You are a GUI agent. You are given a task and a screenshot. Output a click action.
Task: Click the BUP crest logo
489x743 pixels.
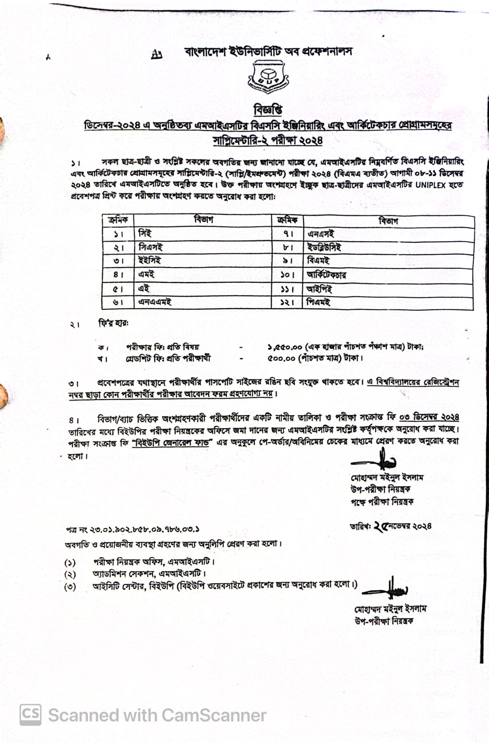(x=268, y=77)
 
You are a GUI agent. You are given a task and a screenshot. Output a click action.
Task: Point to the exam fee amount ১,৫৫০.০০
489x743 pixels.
(x=285, y=347)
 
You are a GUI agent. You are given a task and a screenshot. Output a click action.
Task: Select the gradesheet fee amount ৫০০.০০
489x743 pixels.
(x=281, y=358)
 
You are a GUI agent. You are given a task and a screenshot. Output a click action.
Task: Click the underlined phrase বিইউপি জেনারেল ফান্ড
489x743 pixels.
(x=170, y=443)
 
